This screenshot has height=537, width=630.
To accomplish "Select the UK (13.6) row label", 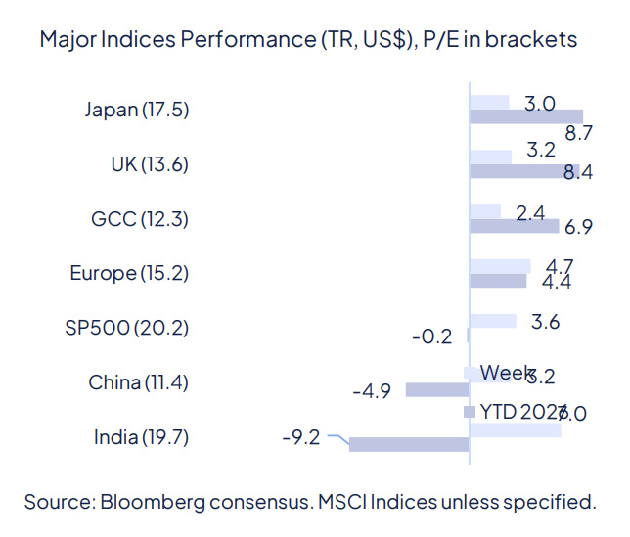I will click(x=150, y=163).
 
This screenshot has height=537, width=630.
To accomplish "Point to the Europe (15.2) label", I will click(x=129, y=273).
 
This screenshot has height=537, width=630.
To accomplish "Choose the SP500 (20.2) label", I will click(x=125, y=327).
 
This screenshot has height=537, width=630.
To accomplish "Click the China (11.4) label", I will click(x=138, y=381).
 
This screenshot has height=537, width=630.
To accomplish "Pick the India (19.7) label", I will click(x=141, y=436).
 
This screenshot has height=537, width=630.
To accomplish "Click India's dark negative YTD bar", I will click(x=409, y=444).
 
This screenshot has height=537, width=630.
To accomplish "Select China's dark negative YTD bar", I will click(x=437, y=389).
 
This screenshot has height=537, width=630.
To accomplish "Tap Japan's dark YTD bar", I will click(x=526, y=116).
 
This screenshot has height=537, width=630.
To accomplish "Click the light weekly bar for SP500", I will click(x=493, y=320).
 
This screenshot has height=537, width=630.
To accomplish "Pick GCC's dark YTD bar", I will click(x=515, y=226).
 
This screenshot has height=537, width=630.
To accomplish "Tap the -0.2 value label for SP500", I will click(x=431, y=337).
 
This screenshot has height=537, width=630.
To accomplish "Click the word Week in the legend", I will click(x=506, y=373).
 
